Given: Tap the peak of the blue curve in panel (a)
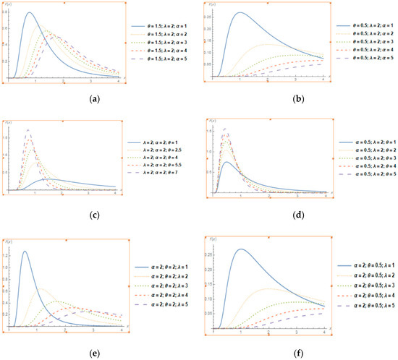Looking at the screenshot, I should [x=29, y=13].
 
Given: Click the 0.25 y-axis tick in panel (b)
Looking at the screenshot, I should [x=220, y=16].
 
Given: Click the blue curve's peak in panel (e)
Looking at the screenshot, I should [x=25, y=252].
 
